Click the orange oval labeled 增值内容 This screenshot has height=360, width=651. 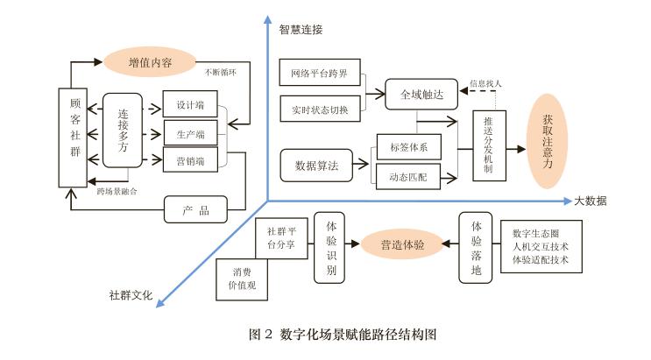click(150, 62)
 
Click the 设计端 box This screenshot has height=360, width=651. click(190, 105)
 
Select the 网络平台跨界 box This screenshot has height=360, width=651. click(319, 73)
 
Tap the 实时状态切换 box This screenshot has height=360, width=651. click(319, 109)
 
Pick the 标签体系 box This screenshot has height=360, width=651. click(408, 145)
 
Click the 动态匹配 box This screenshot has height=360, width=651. click(408, 176)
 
